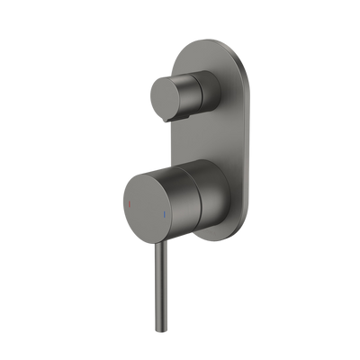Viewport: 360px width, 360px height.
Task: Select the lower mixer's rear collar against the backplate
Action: tap(211, 193)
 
